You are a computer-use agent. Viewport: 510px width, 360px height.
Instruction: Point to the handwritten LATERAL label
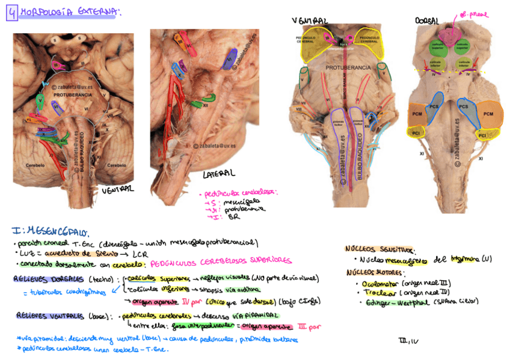tap(218, 174)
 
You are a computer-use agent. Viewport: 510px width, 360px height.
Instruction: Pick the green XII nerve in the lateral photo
tap(196, 103)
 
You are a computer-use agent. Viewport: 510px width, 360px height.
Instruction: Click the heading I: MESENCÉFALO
tap(51, 231)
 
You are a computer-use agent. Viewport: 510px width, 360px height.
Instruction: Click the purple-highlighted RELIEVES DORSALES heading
tap(49, 279)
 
